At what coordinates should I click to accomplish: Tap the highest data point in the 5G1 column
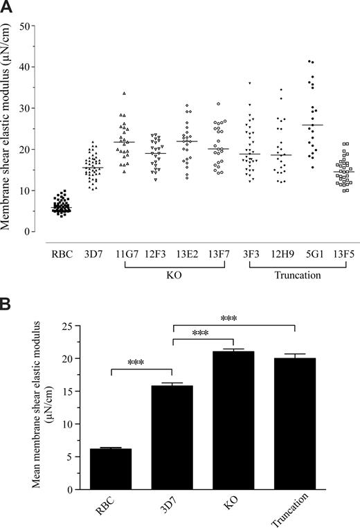pos(309,62)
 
